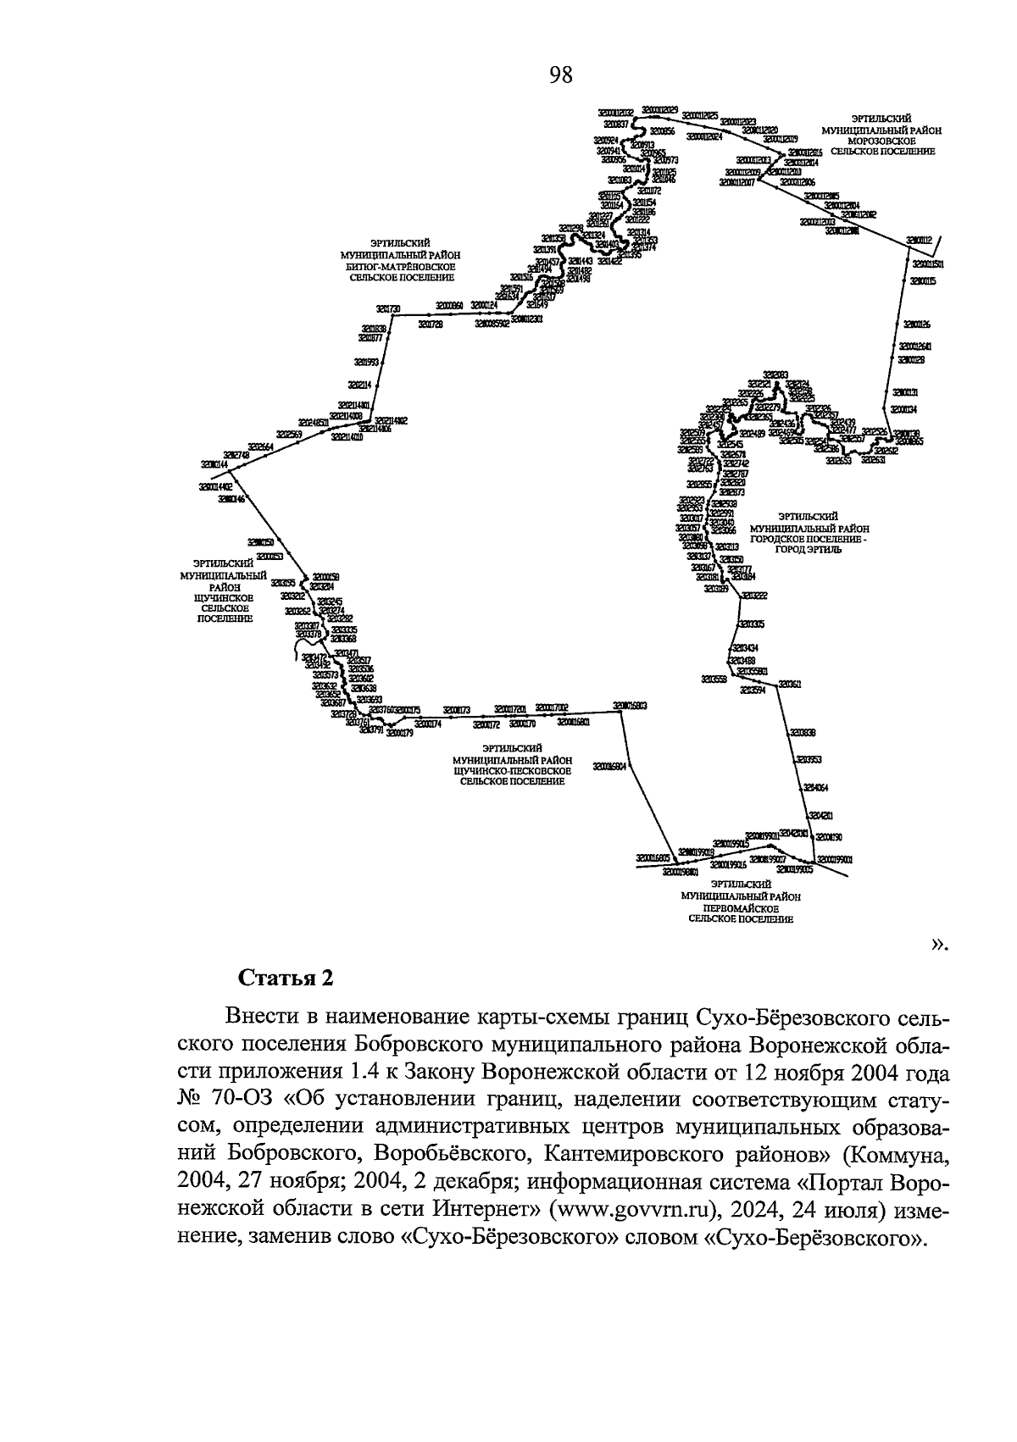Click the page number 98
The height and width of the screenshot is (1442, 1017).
coord(560,76)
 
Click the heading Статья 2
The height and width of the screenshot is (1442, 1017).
coord(286,978)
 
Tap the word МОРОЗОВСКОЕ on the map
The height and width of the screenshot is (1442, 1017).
coord(882,141)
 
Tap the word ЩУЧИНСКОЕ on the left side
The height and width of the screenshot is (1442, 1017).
coord(225,596)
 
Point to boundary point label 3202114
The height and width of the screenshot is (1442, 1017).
coord(360,385)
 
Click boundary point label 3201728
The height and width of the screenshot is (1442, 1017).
coord(431,324)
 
